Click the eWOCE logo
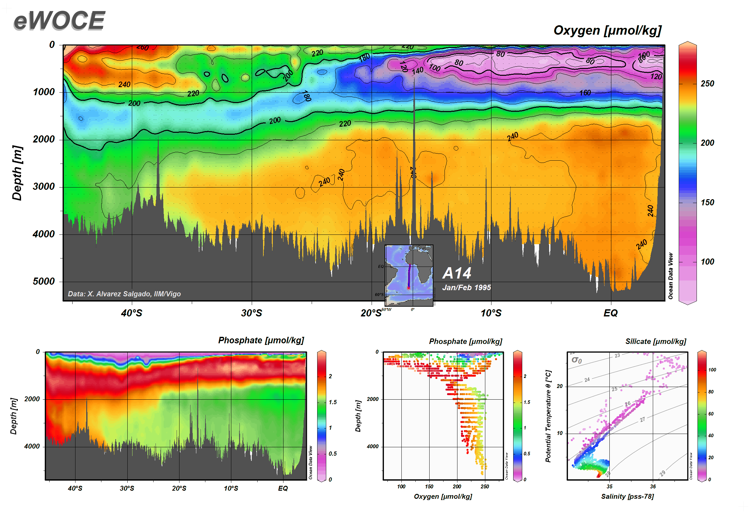[x=59, y=21]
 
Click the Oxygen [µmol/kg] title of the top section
[x=607, y=30]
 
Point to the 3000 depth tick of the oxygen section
[x=44, y=187]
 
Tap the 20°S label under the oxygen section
[x=371, y=313]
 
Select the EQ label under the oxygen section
[x=610, y=313]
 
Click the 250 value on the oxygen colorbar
[x=707, y=84]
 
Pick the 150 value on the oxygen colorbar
[x=707, y=202]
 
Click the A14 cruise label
[x=457, y=273]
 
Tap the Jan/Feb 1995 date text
[x=467, y=287]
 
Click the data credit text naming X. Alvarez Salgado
[x=124, y=294]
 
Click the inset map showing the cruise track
[x=409, y=275]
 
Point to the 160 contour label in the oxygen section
[x=585, y=93]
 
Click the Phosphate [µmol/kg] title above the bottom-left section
[x=261, y=340]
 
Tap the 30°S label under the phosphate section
[x=127, y=488]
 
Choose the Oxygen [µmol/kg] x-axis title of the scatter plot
[x=443, y=496]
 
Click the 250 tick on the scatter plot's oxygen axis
[x=485, y=486]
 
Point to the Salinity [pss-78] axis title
[x=627, y=496]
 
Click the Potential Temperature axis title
[x=548, y=416]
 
